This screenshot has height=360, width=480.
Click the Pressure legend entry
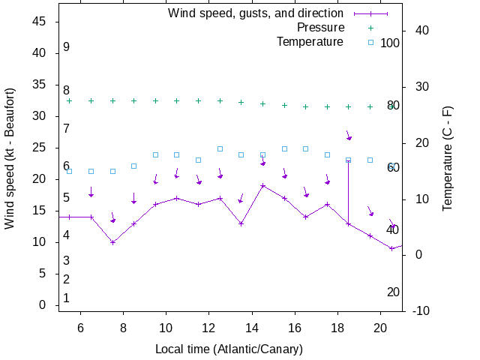point(320,28)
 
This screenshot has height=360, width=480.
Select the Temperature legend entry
point(309,41)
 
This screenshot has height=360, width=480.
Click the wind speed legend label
point(255,13)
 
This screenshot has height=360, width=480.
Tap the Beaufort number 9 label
point(66,47)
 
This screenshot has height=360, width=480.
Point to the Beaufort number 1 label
point(66,298)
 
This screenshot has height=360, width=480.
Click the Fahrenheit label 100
point(390,43)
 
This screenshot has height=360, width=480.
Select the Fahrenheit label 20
point(393,292)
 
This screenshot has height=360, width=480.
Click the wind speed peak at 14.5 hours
point(263,185)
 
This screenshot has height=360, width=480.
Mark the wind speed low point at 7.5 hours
point(112,242)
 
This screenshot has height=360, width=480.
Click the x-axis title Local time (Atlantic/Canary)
point(229,349)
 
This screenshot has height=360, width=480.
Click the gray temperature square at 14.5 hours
point(263,154)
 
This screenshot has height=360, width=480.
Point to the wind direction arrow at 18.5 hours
point(349,136)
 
